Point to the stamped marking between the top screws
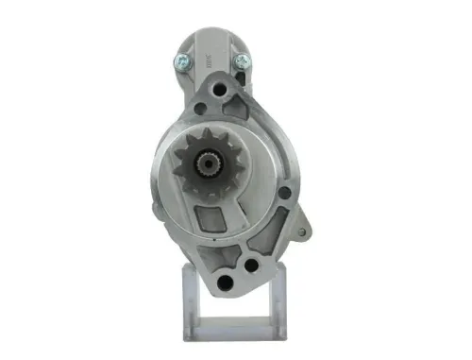(209, 61)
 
